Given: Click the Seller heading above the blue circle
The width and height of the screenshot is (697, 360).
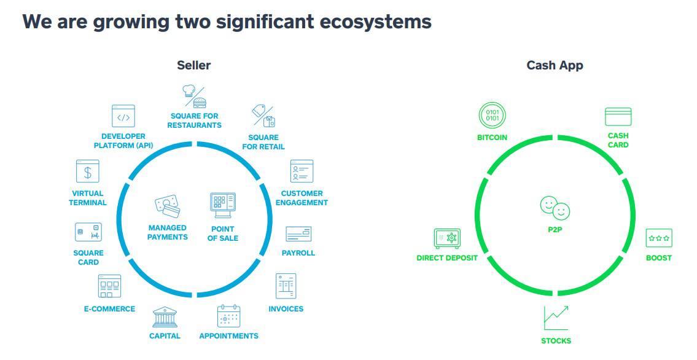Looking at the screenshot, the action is point(194,65).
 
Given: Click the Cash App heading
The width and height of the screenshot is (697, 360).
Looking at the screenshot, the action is point(555,65).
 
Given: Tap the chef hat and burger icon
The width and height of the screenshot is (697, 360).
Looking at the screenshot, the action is point(194,96).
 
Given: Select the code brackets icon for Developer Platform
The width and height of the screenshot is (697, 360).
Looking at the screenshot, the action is point(123,116).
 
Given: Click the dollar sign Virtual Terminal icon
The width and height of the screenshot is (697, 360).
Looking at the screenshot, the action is point(88,171).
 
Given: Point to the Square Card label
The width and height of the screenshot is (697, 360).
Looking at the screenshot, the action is point(88,257).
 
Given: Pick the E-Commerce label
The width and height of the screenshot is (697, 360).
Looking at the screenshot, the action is point(109,309).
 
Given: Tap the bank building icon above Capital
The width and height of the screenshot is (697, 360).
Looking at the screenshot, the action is point(165,317).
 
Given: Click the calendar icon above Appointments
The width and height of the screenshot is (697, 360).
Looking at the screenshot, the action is point(228,316).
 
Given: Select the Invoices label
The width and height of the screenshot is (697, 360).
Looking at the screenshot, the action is point(286,309).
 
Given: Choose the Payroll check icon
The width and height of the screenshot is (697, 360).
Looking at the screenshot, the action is point(298,234).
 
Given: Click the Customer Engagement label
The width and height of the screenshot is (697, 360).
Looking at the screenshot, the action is point(302,198).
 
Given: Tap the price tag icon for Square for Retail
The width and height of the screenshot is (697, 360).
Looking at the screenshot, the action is point(263,116).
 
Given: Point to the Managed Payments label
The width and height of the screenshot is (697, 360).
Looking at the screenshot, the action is point(168,232).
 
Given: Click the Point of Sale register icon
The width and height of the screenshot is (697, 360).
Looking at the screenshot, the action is point(223,205).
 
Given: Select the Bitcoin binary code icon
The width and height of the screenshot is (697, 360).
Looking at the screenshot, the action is point(492,115).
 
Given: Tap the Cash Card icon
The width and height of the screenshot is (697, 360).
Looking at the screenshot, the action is point(618,117).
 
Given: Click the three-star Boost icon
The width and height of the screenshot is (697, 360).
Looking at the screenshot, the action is point(659,238).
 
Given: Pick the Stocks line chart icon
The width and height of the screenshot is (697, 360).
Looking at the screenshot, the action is point(556,318).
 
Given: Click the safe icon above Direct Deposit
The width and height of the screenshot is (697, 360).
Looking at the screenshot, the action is point(447,238).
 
